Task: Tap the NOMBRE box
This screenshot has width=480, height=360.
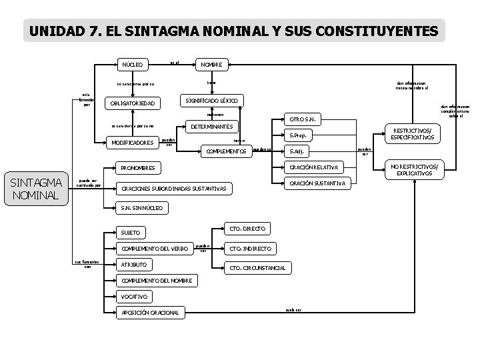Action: (x=212, y=65)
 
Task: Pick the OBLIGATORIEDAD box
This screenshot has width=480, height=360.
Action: (x=133, y=103)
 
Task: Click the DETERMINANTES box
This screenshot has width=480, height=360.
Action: (x=212, y=126)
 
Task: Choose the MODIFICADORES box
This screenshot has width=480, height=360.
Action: (x=133, y=142)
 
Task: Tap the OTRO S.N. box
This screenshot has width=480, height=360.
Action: (x=303, y=120)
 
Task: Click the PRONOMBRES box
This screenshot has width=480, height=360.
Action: (x=139, y=167)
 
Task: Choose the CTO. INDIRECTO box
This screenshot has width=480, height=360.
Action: (x=250, y=248)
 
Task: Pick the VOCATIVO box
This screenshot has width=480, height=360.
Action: (x=134, y=296)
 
